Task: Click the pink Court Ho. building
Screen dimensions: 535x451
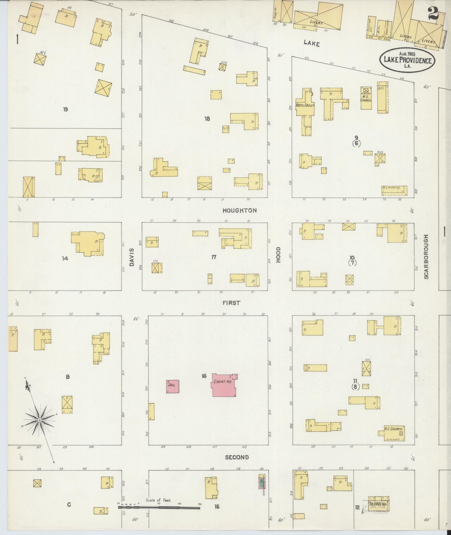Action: [x=224, y=385]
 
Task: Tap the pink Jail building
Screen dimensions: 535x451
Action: [x=172, y=386]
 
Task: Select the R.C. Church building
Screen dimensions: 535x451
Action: [x=394, y=433]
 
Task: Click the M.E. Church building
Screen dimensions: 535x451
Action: [x=366, y=98]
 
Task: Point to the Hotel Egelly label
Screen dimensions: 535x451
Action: [x=305, y=106]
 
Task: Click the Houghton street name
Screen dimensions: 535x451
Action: [x=239, y=211]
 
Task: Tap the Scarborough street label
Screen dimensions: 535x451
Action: [x=426, y=257]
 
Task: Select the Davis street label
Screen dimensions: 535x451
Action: [x=131, y=257]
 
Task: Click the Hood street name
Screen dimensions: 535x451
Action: [x=278, y=255]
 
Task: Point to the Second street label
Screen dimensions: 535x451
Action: [x=237, y=457]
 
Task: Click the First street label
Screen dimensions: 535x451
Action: [x=232, y=303]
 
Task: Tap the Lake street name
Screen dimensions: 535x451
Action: [x=311, y=44]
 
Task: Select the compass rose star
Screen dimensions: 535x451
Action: [x=40, y=420]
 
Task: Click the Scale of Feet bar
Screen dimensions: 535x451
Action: [x=159, y=508]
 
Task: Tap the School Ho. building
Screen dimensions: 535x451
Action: [x=378, y=504]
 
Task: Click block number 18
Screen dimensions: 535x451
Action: [x=207, y=119]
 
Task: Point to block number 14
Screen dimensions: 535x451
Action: [x=65, y=258]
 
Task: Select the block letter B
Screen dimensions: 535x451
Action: [x=67, y=377]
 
